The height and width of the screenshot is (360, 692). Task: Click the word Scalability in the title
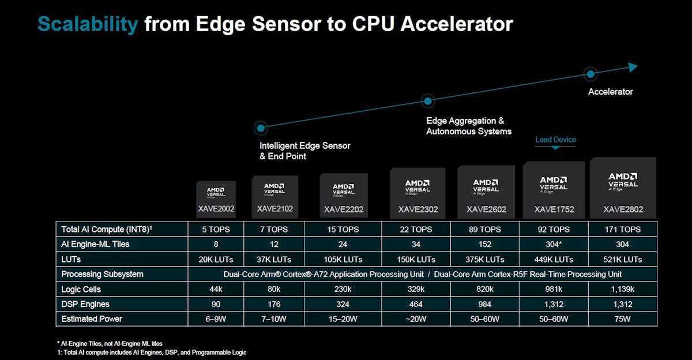[88, 24]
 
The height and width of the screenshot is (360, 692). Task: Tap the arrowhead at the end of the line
[633, 67]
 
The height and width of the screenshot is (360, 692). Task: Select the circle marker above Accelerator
[590, 74]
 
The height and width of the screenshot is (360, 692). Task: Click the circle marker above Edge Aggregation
[427, 101]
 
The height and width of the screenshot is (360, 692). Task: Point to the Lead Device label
[555, 140]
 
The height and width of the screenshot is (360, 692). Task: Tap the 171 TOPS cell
[623, 229]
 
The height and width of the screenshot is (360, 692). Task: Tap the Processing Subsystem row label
[102, 274]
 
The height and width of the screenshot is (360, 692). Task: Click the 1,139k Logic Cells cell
[623, 289]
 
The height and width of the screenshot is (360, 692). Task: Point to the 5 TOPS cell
[216, 229]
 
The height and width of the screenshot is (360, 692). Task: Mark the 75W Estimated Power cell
[623, 319]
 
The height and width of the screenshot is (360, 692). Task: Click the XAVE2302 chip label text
[418, 209]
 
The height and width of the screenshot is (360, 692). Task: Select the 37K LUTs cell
[274, 259]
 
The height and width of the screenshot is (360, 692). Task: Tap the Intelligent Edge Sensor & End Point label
[304, 151]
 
